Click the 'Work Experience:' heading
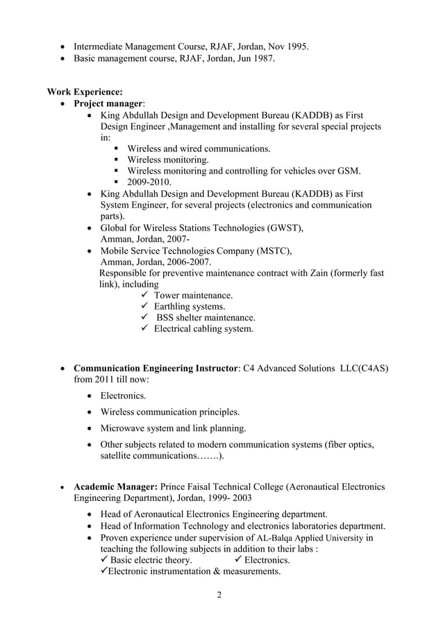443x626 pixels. (85, 92)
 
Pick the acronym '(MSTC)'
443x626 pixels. (271, 251)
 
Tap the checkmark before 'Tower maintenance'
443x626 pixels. (145, 296)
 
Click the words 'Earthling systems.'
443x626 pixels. (189, 307)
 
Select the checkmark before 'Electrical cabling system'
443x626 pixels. (145, 329)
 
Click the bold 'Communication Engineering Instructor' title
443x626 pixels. (156, 368)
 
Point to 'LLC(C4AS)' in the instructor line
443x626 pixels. (363, 368)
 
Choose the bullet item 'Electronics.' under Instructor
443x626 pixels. (124, 396)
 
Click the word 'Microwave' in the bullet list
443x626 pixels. (124, 428)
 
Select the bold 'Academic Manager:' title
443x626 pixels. (116, 487)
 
